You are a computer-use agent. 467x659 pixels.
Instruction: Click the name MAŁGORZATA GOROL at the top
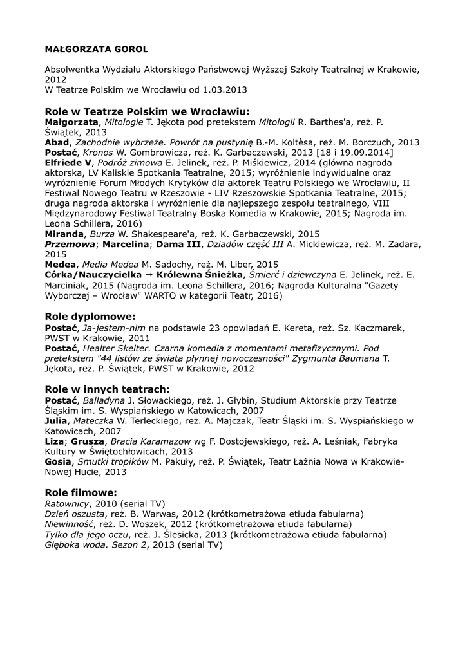click(96, 48)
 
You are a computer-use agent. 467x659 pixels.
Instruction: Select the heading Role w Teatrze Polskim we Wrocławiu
click(147, 111)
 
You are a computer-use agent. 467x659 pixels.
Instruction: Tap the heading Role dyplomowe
click(90, 317)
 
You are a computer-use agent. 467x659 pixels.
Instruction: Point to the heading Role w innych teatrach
click(107, 389)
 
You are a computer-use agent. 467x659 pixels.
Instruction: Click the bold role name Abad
click(57, 142)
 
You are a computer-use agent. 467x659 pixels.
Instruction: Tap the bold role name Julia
click(56, 420)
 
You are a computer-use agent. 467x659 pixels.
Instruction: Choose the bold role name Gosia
click(58, 461)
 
